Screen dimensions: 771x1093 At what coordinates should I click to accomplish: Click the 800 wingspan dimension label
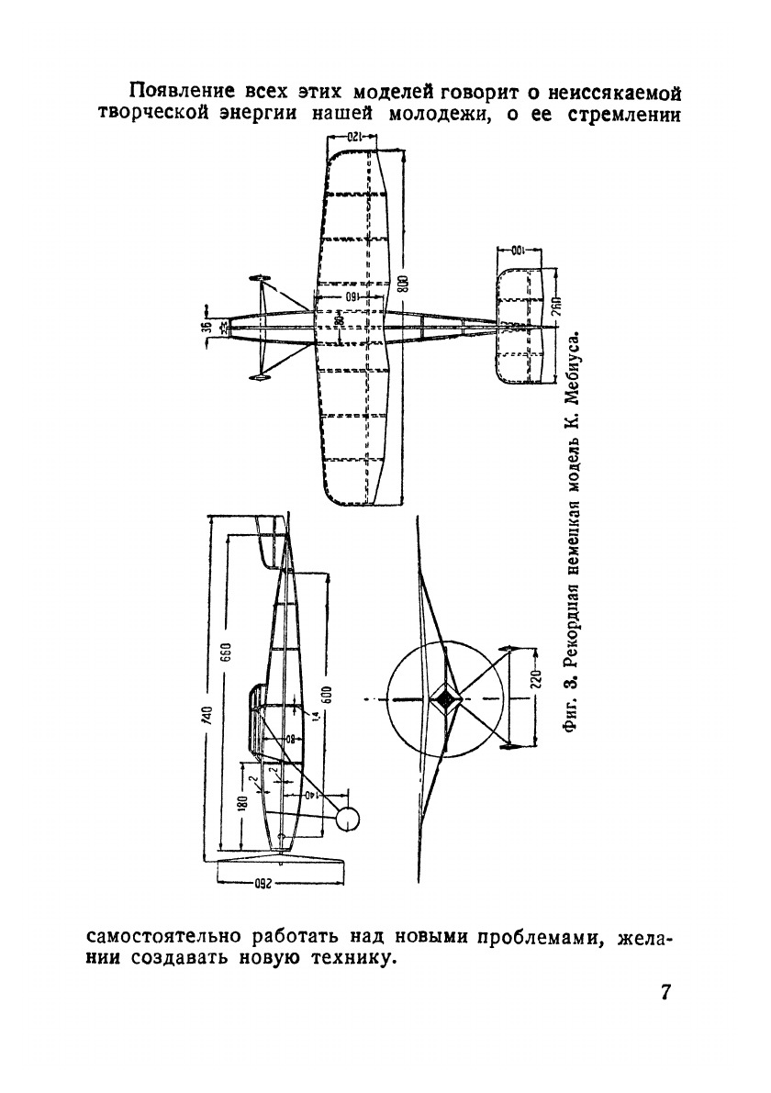404,284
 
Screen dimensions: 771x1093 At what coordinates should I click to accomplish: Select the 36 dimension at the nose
208,325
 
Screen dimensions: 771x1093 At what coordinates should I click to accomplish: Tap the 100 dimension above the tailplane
518,251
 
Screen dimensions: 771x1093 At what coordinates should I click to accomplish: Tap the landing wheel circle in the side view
347,819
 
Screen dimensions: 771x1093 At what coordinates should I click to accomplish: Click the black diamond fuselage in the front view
446,699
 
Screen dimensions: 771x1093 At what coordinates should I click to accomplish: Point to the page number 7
666,994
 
